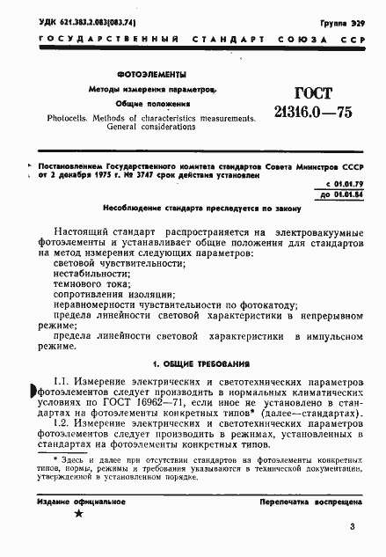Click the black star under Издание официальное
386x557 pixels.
pyautogui.click(x=79, y=513)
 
